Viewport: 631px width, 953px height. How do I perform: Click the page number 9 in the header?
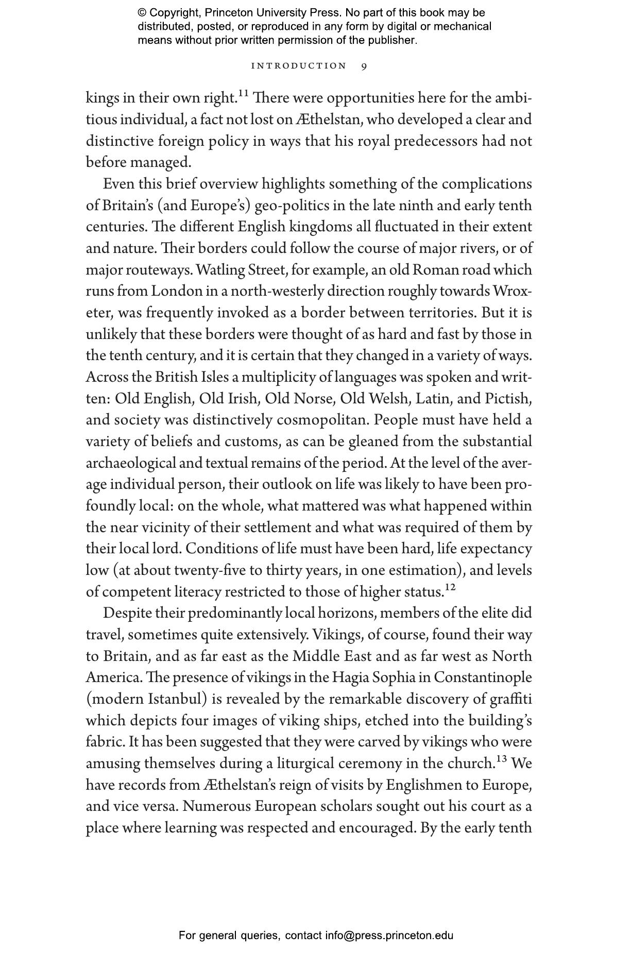click(364, 66)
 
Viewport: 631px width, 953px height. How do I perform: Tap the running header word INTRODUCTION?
click(299, 66)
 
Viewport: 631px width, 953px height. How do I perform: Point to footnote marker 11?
click(244, 93)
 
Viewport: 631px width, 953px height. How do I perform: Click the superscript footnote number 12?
click(450, 587)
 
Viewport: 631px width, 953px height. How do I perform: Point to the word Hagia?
click(351, 677)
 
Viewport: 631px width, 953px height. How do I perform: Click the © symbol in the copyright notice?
click(143, 13)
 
